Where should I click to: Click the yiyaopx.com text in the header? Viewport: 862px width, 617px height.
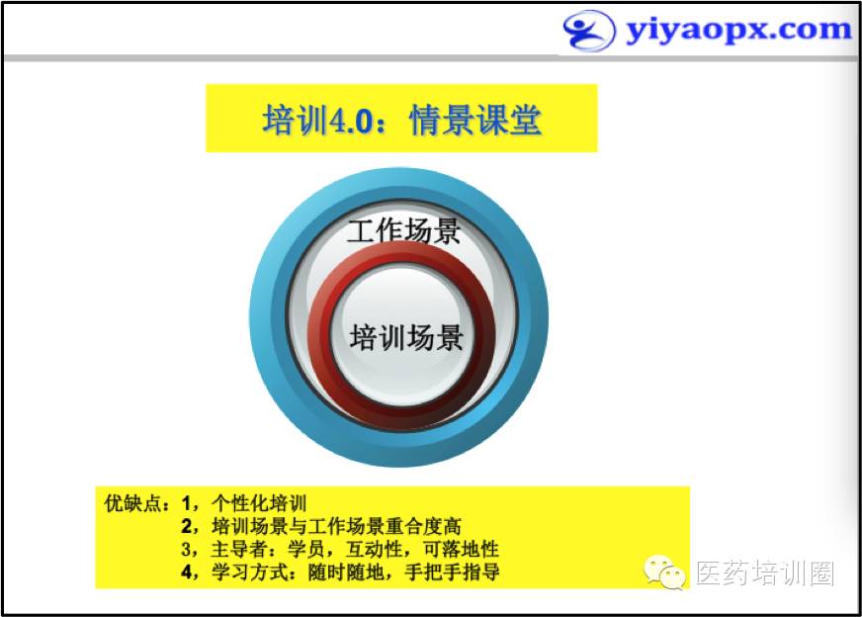click(738, 31)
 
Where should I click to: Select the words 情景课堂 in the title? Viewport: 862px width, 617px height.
click(474, 120)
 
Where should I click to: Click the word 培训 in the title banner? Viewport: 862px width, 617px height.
click(296, 120)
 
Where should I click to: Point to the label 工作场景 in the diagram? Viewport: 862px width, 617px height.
click(404, 230)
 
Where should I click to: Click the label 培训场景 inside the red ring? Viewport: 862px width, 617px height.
click(406, 337)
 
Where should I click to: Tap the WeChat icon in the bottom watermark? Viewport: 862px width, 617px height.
click(664, 573)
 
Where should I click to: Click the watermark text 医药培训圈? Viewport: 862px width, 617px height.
click(765, 573)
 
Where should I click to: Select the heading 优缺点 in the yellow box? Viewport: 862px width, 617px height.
click(131, 503)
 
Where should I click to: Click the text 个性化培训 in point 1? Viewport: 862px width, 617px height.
click(259, 503)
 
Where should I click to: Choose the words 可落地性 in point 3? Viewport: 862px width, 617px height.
click(461, 550)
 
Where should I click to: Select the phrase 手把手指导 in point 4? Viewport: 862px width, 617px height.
click(452, 573)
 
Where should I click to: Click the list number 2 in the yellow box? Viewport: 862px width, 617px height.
click(187, 526)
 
